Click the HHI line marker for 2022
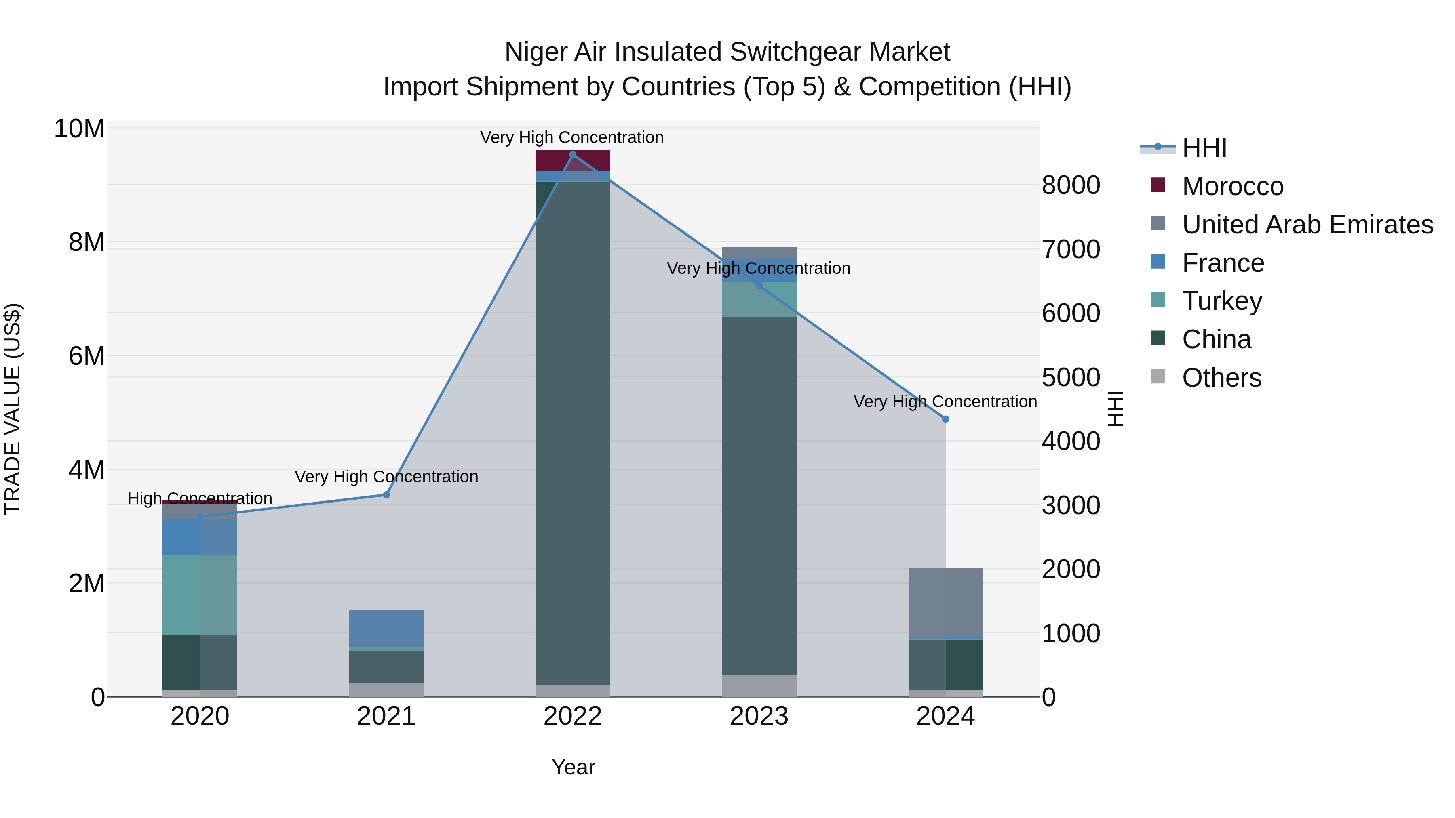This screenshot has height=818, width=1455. click(x=573, y=155)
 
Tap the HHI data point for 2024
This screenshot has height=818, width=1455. click(x=945, y=419)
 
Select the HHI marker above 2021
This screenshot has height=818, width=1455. click(x=386, y=494)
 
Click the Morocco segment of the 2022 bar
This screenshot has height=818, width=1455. click(x=573, y=160)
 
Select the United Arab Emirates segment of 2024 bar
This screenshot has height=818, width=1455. click(x=945, y=602)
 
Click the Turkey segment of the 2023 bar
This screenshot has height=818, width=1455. click(x=759, y=299)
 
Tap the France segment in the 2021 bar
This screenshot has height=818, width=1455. click(x=386, y=628)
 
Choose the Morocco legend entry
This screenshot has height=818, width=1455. click(x=1232, y=186)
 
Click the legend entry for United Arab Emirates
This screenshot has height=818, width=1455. click(x=1307, y=225)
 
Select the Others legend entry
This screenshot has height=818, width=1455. click(x=1221, y=378)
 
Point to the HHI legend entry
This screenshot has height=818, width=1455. click(x=1204, y=148)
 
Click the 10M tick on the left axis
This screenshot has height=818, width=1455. click(x=79, y=129)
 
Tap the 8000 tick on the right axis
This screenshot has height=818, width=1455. click(x=1070, y=185)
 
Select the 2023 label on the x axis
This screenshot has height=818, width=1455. click(x=759, y=716)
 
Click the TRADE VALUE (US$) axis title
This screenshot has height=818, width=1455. click(x=13, y=409)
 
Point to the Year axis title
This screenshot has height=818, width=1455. click(x=573, y=767)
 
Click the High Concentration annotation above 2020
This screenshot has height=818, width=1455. click(x=200, y=498)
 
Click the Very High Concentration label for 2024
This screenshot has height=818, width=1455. click(x=945, y=402)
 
